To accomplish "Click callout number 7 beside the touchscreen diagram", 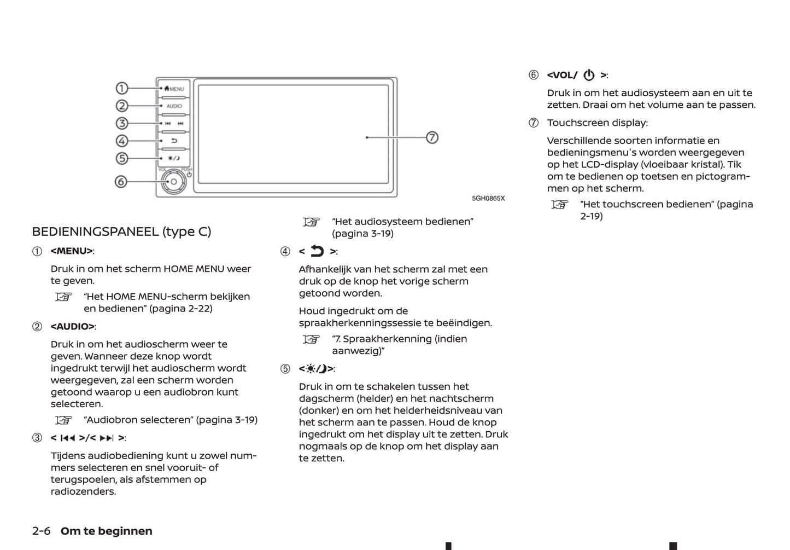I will click(432, 137).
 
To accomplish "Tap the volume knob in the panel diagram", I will click(174, 182).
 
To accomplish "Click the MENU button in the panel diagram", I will click(174, 89).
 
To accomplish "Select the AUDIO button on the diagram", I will click(174, 106).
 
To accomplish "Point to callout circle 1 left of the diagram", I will click(122, 88).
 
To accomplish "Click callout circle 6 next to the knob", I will click(121, 182).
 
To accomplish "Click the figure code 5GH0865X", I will click(488, 198).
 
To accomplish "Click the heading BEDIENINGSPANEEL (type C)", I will click(121, 231).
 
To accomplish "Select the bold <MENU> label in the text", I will click(72, 251).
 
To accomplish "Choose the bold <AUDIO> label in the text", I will click(72, 327).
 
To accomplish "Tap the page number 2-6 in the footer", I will click(42, 531).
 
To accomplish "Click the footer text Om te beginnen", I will click(107, 531).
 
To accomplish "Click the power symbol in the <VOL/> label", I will click(589, 75).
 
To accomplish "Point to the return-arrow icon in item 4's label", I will click(317, 251).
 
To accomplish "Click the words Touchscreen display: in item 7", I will click(597, 123).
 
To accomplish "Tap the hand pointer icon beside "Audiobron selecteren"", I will click(63, 420).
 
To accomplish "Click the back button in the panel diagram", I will click(174, 141).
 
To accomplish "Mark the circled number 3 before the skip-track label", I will click(37, 438).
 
